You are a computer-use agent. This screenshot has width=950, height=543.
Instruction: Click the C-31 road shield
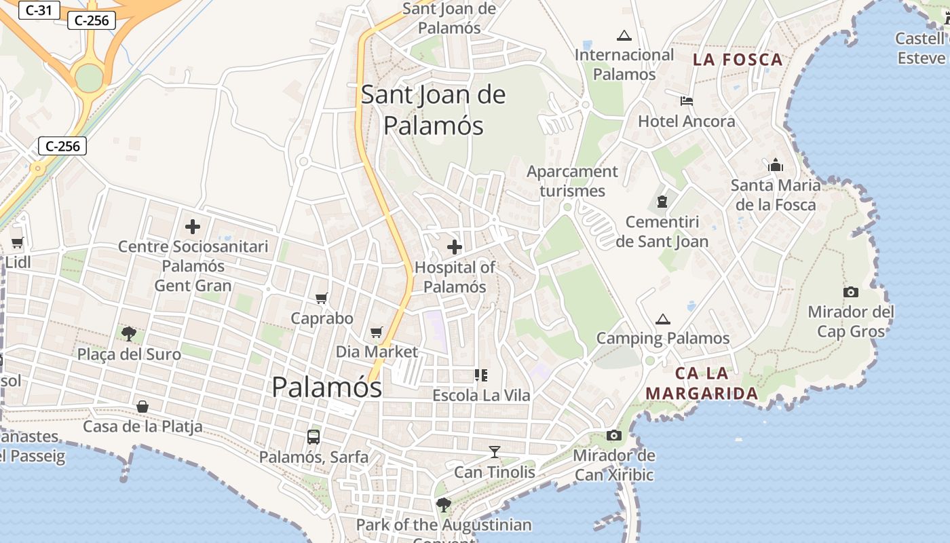tap(39, 10)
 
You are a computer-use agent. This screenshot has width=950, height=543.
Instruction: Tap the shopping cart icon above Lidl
tap(18, 242)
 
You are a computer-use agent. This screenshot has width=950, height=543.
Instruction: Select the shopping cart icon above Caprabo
tap(322, 298)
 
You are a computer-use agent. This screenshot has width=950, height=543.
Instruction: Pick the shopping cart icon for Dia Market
tap(377, 332)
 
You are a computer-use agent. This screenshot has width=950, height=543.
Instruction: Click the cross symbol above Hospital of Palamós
tap(455, 248)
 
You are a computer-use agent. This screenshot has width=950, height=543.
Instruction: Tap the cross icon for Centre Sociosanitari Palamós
tap(193, 227)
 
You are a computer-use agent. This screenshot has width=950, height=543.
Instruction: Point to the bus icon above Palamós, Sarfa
tap(313, 437)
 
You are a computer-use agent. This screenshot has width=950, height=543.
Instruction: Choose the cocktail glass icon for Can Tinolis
tap(495, 452)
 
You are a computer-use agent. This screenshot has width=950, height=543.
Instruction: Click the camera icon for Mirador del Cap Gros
tap(851, 292)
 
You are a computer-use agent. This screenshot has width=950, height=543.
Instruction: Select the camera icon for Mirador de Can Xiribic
tap(614, 435)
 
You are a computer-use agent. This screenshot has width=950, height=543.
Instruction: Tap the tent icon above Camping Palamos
tap(662, 319)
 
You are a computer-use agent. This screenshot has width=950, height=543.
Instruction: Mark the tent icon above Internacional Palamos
tap(624, 35)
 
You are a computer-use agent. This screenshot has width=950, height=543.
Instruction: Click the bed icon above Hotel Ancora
tap(687, 101)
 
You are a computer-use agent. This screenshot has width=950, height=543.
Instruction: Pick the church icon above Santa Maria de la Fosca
tap(776, 165)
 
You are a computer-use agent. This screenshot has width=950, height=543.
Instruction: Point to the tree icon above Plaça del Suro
tap(129, 333)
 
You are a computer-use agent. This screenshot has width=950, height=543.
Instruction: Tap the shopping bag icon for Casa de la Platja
tap(142, 407)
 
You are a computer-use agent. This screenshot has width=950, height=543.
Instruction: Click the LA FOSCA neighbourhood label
tap(738, 60)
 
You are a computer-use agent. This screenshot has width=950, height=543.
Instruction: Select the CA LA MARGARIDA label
tap(702, 383)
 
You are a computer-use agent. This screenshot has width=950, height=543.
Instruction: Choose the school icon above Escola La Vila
tap(482, 375)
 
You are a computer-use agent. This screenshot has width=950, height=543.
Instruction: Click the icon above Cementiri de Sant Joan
tap(662, 202)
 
